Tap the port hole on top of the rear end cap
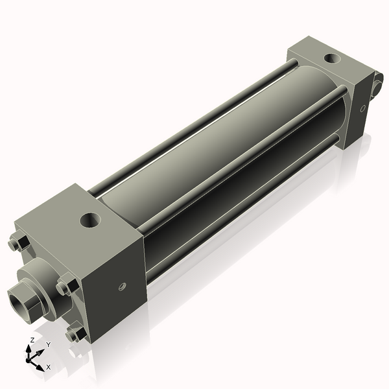332,59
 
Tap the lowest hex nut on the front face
74,334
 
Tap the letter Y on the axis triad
48,345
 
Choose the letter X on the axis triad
48,367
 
